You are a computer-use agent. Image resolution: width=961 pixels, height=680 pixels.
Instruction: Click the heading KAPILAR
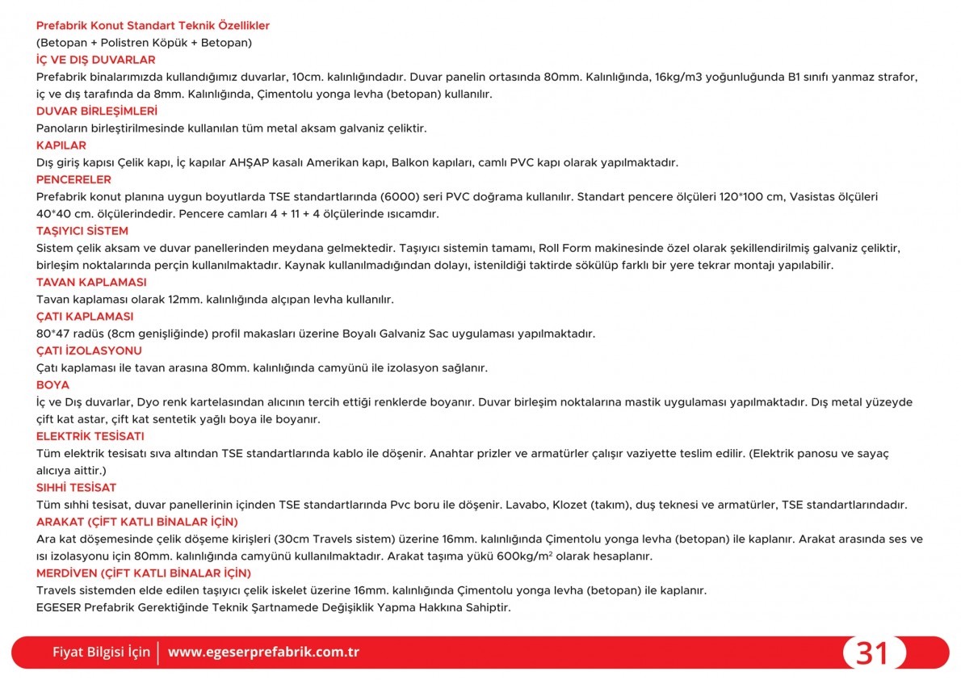61,145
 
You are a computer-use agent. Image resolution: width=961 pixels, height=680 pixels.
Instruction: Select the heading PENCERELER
73,179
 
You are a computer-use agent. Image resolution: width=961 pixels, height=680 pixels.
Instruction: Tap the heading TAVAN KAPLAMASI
91,282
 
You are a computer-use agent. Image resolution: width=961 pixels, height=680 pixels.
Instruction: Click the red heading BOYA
52,384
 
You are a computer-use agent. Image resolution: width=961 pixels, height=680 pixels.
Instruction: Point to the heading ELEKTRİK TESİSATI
90,436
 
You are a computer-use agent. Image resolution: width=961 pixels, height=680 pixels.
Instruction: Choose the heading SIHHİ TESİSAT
76,487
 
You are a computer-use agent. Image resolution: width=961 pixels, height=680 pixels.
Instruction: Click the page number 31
872,653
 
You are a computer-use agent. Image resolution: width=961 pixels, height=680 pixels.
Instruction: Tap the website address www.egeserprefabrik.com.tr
263,652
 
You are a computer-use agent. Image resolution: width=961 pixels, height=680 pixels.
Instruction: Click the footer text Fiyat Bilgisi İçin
101,652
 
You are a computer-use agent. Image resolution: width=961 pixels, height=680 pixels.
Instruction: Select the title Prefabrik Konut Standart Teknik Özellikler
153,26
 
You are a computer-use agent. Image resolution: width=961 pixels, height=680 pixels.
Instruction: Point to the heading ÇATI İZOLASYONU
89,350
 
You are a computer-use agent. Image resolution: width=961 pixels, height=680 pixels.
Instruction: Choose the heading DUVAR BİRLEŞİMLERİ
97,111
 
